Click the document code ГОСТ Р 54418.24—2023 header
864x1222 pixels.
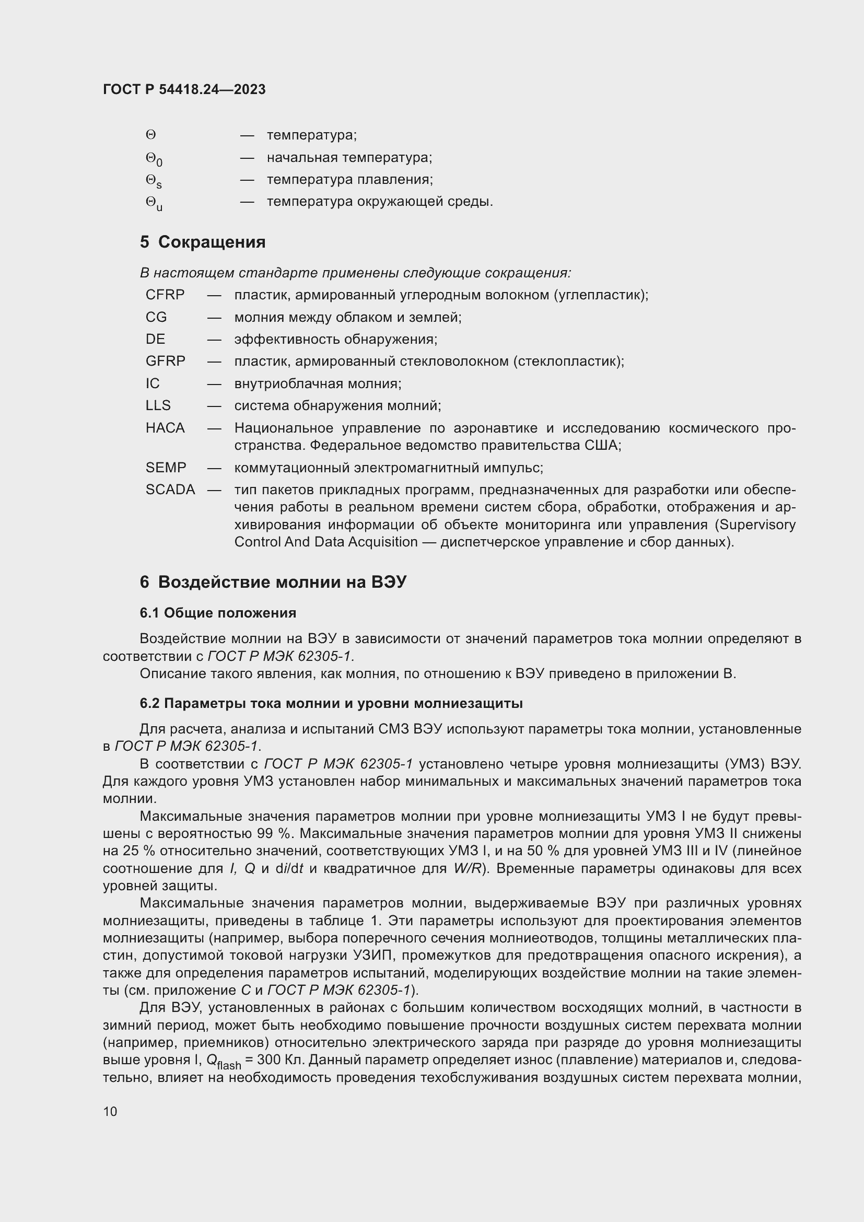pyautogui.click(x=184, y=89)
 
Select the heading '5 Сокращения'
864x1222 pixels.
pyautogui.click(x=203, y=242)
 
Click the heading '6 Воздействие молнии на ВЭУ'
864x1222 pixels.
pyautogui.click(x=273, y=582)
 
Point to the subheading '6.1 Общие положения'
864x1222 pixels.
pyautogui.click(x=218, y=613)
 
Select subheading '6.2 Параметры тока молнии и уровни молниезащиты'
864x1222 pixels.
pyautogui.click(x=331, y=704)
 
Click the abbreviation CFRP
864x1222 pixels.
pyautogui.click(x=165, y=295)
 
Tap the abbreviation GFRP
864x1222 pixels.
pyautogui.click(x=166, y=362)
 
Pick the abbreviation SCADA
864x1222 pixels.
pyautogui.click(x=170, y=490)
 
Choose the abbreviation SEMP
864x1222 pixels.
pyautogui.click(x=166, y=468)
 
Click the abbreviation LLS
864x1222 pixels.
pyautogui.click(x=158, y=405)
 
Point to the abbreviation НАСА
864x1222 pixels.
pyautogui.click(x=165, y=428)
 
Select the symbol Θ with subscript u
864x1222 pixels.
pyautogui.click(x=154, y=203)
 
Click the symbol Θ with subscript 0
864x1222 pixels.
pyautogui.click(x=154, y=159)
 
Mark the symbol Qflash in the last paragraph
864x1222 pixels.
pyautogui.click(x=223, y=1062)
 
